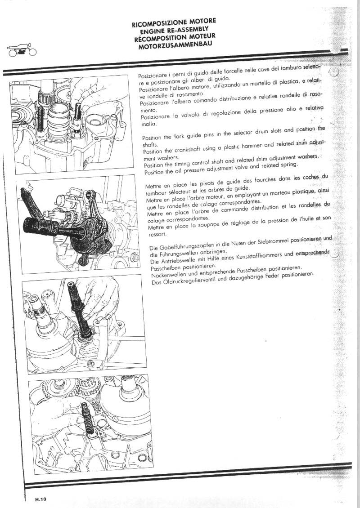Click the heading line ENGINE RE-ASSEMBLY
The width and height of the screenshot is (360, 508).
coord(174,29)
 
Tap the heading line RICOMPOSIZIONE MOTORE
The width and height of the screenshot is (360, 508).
coord(174,21)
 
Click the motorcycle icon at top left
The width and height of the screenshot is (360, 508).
coord(19,49)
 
